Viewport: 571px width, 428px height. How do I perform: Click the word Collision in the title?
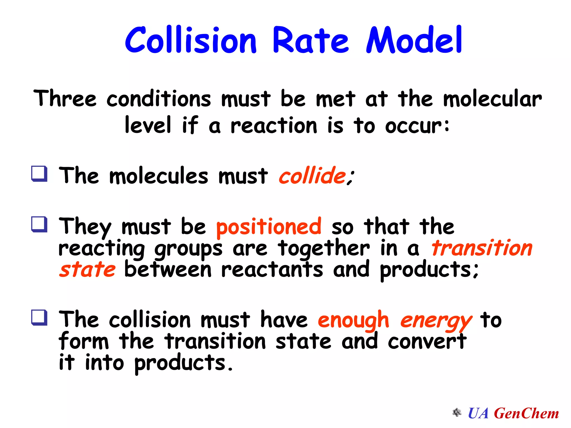[190, 40]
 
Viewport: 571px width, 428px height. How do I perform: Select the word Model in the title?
[414, 40]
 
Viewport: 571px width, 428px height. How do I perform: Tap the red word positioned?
[269, 227]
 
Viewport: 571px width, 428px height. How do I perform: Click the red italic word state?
[87, 269]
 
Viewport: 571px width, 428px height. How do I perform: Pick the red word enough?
[353, 320]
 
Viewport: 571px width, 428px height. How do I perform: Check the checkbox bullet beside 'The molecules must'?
[39, 174]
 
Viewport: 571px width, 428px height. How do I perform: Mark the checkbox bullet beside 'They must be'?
[39, 225]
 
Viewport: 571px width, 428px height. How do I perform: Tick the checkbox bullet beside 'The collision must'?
[39, 318]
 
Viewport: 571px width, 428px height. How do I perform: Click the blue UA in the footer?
[478, 413]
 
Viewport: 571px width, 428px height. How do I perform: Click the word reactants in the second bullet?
[272, 269]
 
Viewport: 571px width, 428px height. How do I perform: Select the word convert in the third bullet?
[427, 341]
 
